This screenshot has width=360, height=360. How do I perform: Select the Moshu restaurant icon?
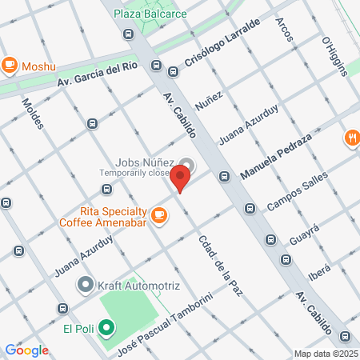(10, 64)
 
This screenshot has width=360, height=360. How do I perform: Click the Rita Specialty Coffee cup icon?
(158, 214)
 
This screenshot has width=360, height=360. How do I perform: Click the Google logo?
(26, 350)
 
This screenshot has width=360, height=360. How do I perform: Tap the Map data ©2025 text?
(326, 354)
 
